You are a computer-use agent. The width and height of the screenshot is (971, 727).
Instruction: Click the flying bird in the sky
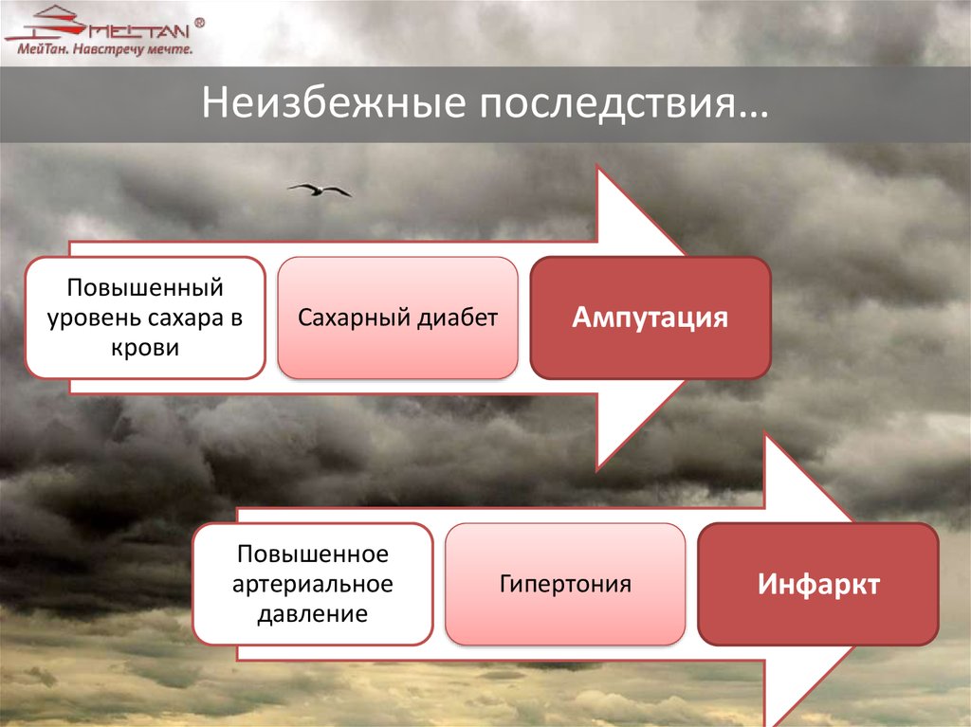point(320,190)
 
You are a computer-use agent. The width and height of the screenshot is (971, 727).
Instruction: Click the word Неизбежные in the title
point(333,102)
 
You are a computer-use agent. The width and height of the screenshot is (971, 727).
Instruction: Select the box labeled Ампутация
point(650,318)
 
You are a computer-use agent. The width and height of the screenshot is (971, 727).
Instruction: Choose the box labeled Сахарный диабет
point(397,318)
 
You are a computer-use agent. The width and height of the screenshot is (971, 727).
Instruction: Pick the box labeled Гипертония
point(565,584)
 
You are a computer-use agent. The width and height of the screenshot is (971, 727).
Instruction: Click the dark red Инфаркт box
point(818,584)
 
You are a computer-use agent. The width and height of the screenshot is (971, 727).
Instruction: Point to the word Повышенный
point(145,288)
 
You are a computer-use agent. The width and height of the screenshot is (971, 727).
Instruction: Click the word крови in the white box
point(145,348)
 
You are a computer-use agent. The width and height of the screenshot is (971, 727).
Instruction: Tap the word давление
point(313,614)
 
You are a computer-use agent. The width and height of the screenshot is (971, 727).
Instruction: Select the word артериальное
point(313,584)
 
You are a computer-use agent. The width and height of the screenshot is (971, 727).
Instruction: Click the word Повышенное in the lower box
point(313,554)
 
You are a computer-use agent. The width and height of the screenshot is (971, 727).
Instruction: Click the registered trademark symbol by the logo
point(199,23)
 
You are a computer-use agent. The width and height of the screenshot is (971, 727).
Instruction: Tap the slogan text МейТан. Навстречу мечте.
point(104,49)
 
